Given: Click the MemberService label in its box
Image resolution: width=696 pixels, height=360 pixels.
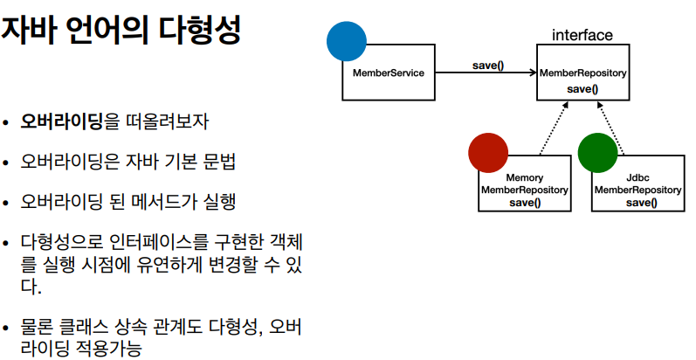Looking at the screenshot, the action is [x=389, y=73].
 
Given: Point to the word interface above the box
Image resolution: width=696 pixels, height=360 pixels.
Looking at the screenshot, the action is [x=582, y=36].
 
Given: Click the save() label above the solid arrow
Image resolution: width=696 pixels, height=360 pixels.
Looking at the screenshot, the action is [x=487, y=65].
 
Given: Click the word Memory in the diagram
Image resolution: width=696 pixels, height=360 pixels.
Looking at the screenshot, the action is [x=525, y=177].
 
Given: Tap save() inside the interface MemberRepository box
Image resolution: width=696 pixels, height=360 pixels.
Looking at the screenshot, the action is [x=582, y=89].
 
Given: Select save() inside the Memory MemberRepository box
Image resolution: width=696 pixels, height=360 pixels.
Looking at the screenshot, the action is [x=525, y=203].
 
